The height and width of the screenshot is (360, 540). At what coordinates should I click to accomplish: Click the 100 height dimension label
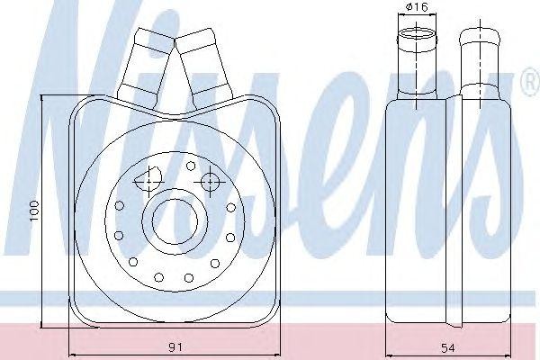tap(35, 211)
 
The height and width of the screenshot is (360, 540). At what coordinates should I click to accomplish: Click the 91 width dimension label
tap(175, 346)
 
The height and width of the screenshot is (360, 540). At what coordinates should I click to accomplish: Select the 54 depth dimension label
tap(447, 348)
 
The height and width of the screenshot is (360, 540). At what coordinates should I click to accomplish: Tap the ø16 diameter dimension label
tap(417, 6)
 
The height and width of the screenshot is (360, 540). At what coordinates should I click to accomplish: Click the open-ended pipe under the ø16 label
tap(417, 63)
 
